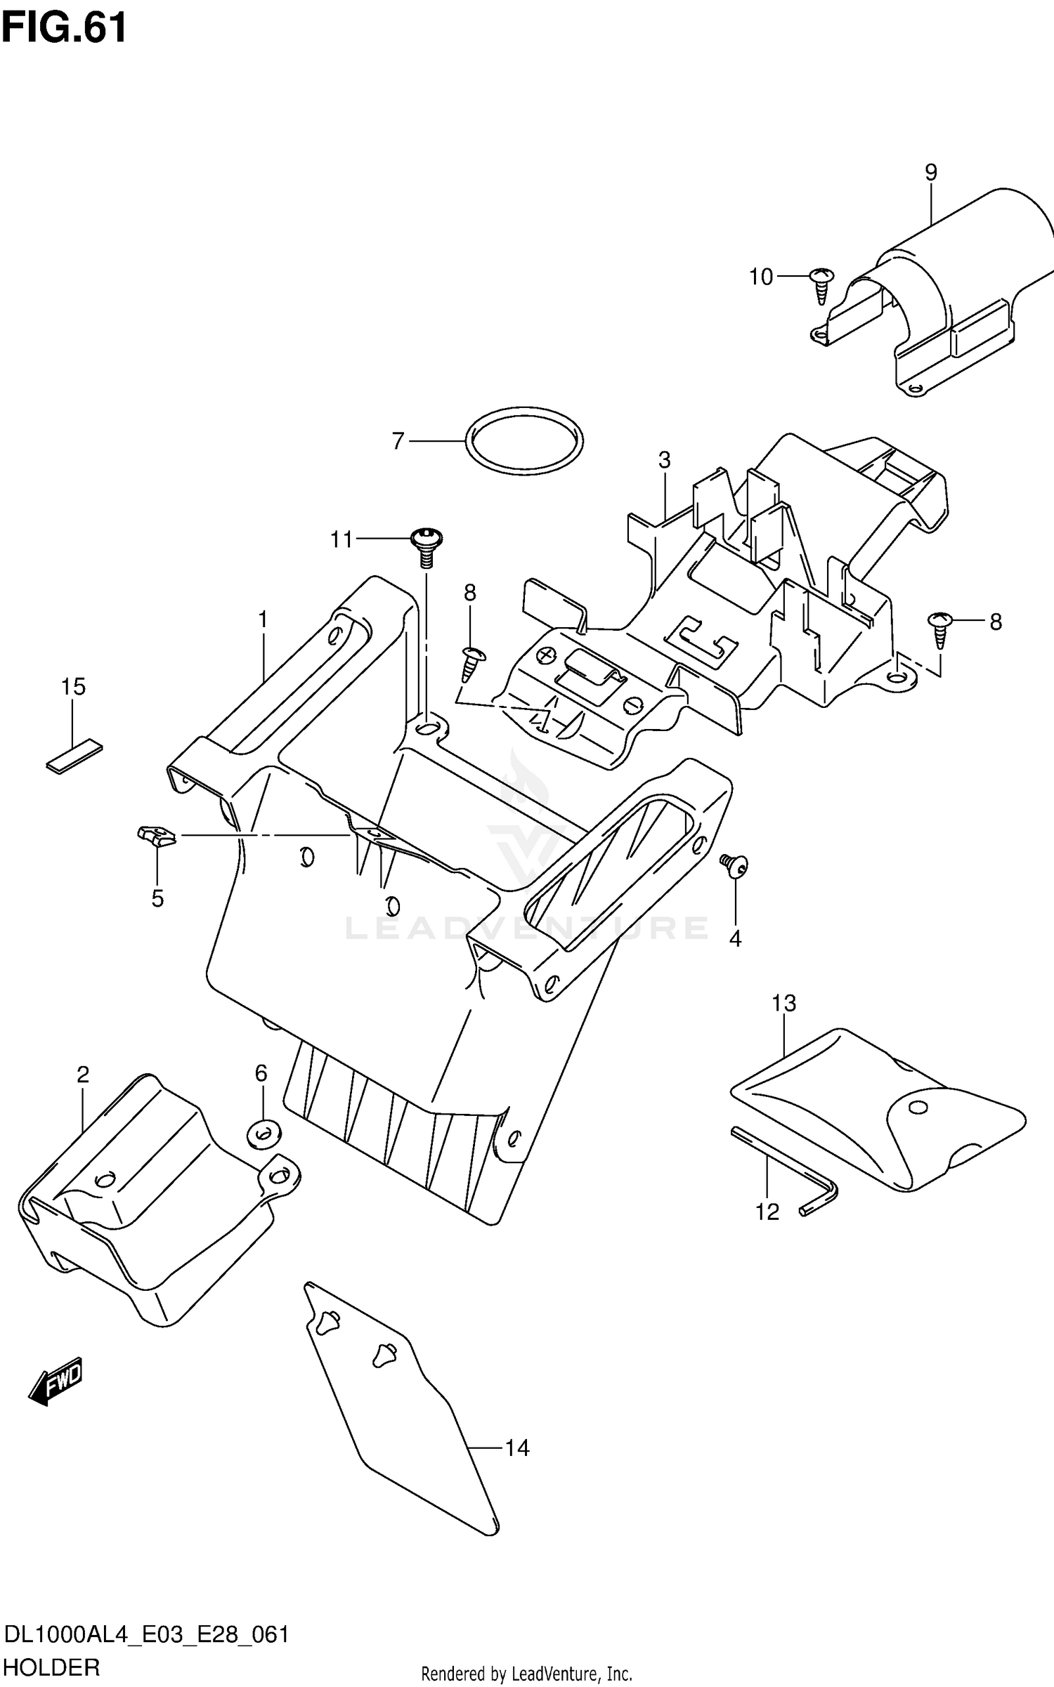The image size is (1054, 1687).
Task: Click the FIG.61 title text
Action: point(65,28)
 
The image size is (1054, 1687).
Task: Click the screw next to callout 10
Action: point(821,284)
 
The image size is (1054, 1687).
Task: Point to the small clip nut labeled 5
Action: point(156,836)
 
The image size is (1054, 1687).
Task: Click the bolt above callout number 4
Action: point(734,865)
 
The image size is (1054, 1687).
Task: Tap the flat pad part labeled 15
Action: point(74,755)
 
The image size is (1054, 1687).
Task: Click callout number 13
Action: point(783,1003)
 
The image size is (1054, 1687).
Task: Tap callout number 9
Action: point(930,172)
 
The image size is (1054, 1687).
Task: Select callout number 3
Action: point(664,461)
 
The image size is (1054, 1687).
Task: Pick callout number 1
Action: point(263,619)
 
